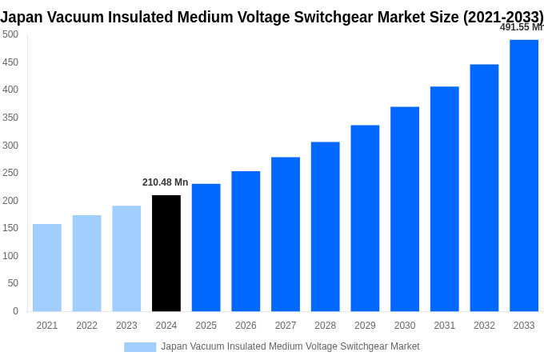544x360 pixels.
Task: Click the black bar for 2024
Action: pos(166,253)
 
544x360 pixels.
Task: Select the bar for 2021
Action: pos(47,267)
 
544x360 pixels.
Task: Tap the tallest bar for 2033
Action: pos(524,175)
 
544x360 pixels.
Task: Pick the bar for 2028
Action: pos(326,226)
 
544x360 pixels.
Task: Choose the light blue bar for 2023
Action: pos(126,258)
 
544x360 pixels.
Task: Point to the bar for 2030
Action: pos(405,209)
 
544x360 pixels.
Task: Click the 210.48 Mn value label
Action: pos(165,182)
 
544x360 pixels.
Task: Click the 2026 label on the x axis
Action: pos(246,326)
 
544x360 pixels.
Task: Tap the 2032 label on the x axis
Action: pos(484,326)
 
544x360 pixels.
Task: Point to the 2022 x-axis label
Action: pos(86,326)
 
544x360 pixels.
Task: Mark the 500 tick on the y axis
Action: pos(10,34)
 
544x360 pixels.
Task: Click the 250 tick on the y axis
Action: pos(10,173)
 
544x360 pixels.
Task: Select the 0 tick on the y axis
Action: pos(15,311)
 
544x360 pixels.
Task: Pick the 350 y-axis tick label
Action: pos(10,118)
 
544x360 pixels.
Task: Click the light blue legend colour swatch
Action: pos(140,346)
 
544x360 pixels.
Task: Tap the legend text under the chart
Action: pos(290,346)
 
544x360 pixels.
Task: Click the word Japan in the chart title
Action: pos(22,17)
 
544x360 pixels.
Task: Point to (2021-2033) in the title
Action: pos(503,17)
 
